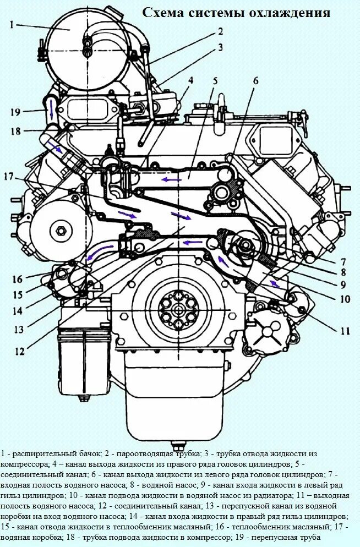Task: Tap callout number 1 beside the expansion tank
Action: (11, 25)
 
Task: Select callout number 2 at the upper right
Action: (220, 31)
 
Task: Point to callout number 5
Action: (215, 80)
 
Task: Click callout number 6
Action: (255, 80)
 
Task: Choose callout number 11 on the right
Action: (345, 331)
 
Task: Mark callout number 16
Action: (18, 278)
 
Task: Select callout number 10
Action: (345, 299)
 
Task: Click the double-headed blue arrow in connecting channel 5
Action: (171, 179)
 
